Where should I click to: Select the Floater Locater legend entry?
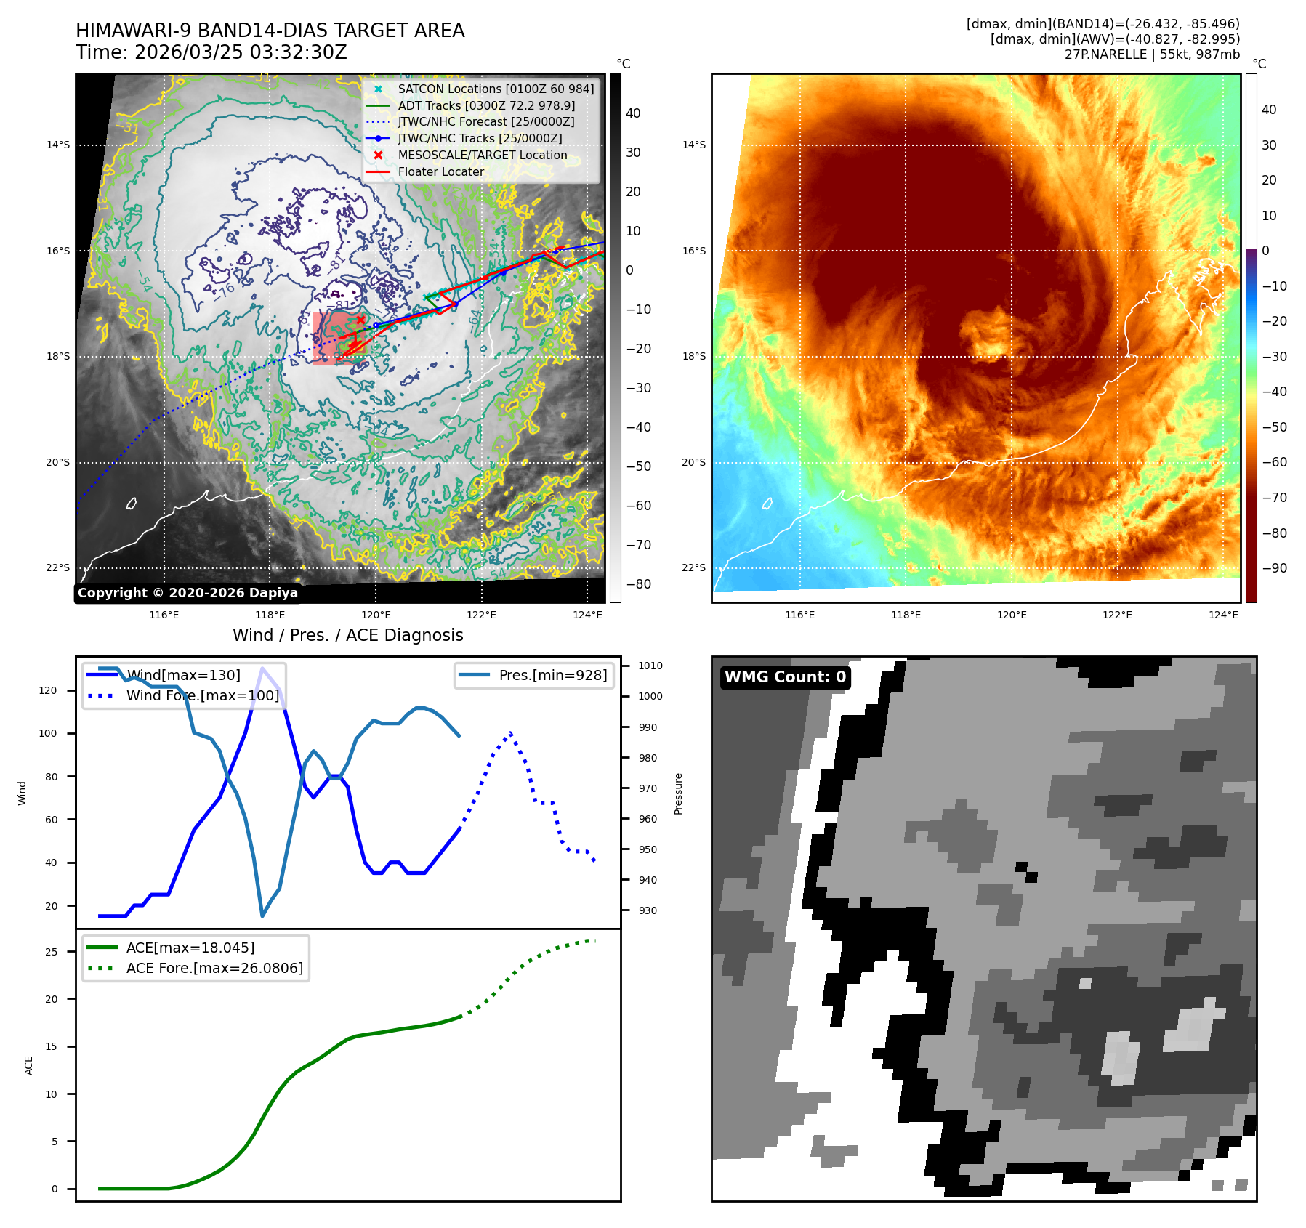click(x=440, y=172)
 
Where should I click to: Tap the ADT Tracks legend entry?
click(x=486, y=105)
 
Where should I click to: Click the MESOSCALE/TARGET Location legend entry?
click(x=482, y=155)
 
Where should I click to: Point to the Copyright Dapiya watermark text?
click(x=188, y=593)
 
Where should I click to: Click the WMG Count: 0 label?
click(x=785, y=677)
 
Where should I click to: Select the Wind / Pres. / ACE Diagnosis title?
click(x=347, y=635)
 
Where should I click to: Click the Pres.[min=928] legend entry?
click(x=552, y=675)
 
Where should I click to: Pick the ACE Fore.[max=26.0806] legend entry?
click(x=214, y=968)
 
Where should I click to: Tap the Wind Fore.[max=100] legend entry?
click(x=202, y=695)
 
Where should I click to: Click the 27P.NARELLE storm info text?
click(x=1152, y=54)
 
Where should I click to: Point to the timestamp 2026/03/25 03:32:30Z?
click(x=241, y=52)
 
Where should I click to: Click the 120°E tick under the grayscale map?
click(x=376, y=615)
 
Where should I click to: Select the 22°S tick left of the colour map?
click(x=693, y=567)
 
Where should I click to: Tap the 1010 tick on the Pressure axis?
click(x=650, y=666)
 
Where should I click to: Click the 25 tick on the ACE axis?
click(x=51, y=952)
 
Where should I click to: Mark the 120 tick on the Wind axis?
click(x=48, y=690)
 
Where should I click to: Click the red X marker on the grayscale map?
click(x=360, y=320)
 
